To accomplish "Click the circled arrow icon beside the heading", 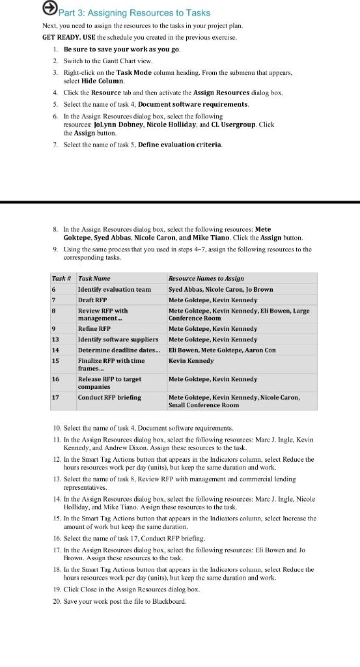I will coord(49,8).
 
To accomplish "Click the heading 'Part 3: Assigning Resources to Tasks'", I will coord(135,12).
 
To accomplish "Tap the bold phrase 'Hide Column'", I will coord(103,81).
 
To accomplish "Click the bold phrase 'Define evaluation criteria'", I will coord(180,145).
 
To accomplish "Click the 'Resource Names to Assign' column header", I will coord(206,278).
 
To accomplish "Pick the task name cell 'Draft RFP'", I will coord(92,300).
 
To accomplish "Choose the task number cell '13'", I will coord(55,339).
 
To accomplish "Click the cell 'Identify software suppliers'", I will coord(118,339).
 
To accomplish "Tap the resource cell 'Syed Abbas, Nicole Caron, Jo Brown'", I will coord(221,289).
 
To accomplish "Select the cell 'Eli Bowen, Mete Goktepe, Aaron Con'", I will coord(222,350).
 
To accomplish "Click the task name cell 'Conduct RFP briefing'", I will coord(109,397).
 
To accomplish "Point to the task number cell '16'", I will coord(55,379).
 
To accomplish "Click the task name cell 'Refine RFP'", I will coord(94,329).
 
